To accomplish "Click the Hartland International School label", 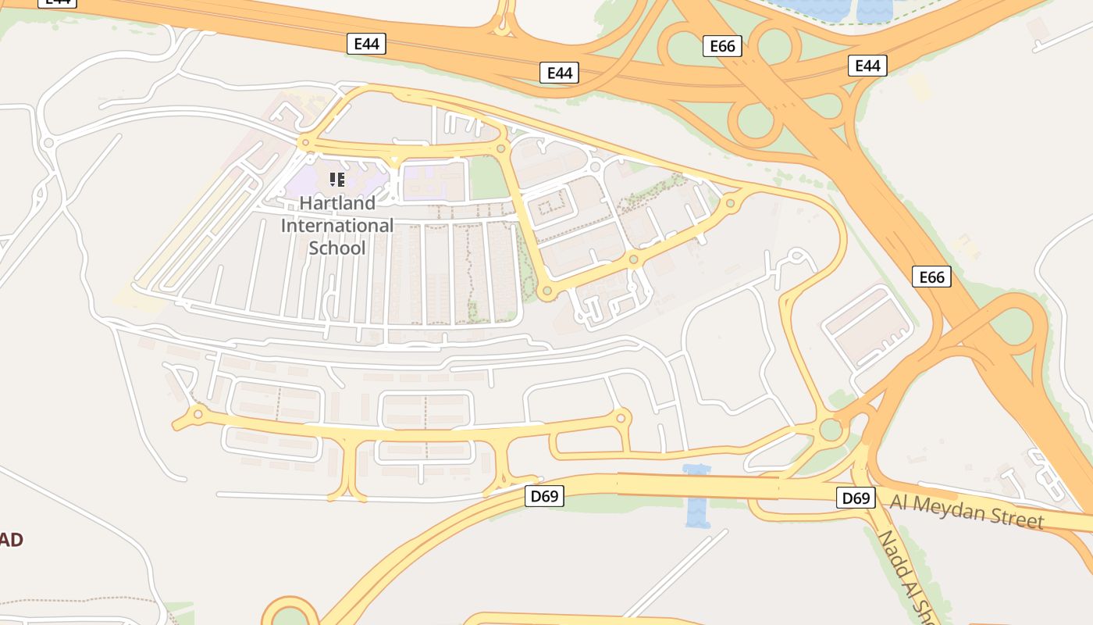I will tap(337, 225).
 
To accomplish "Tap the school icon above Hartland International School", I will tap(337, 180).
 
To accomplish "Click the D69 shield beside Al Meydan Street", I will tap(856, 498).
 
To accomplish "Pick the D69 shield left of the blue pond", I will tap(544, 496).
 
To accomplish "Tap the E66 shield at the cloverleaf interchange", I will tap(722, 46).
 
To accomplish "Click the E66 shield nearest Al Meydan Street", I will tap(931, 277).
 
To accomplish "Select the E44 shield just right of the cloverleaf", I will tap(867, 66).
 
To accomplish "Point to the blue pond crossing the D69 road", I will tap(696, 496).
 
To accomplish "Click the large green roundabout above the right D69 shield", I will tap(831, 430).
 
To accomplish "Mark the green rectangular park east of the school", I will tap(490, 179).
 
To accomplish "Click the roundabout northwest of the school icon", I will tap(305, 143).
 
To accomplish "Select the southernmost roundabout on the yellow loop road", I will tap(546, 291).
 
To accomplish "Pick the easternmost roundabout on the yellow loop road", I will tap(731, 204).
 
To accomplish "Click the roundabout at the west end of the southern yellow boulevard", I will tap(198, 414).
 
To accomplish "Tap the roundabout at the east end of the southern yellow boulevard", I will tap(621, 418).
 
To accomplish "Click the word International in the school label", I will tap(337, 226).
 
